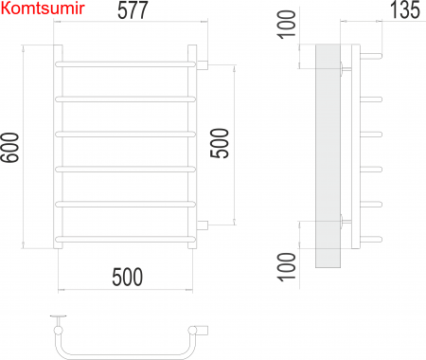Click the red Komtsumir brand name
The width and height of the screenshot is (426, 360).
(43, 9)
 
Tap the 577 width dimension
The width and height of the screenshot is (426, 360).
(133, 10)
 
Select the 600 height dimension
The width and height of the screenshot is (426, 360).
(10, 148)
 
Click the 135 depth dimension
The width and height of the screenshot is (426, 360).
(405, 9)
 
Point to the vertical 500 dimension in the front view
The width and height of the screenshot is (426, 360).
(220, 143)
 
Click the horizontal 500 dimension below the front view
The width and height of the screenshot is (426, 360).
(128, 277)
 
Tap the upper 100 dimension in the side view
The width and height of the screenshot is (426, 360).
(287, 25)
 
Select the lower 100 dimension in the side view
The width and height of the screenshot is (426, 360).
(287, 267)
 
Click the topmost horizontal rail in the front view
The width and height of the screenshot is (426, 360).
(126, 64)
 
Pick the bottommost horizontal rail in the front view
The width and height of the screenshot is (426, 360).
(126, 240)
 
